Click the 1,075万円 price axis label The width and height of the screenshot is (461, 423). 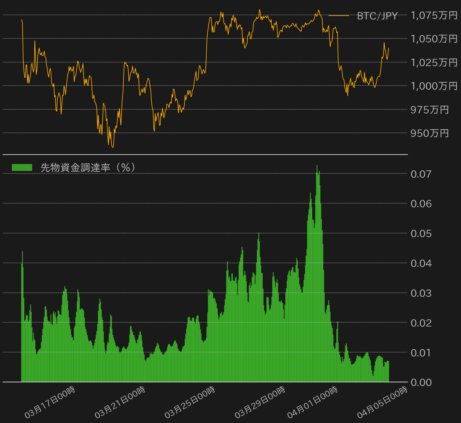pos(434,15)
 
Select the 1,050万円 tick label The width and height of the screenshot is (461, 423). pos(434,39)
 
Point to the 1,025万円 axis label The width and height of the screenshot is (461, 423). pos(434,62)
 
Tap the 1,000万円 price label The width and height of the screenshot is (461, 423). pos(434,86)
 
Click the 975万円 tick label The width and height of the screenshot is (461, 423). pos(430,110)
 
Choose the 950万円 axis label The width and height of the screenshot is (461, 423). pos(430,133)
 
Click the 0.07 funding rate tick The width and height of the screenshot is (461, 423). pos(421,174)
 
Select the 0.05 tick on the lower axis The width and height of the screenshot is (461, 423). pos(421,233)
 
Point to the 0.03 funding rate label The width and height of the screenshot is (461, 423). pos(421,293)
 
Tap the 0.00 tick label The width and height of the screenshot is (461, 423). pos(421,382)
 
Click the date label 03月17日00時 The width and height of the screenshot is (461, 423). pos(50,402)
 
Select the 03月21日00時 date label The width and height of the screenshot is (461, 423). pos(120,402)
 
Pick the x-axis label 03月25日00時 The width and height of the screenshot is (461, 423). pos(190,402)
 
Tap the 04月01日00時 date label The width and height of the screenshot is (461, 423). pos(313,402)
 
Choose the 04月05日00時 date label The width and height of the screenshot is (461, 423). pos(382,402)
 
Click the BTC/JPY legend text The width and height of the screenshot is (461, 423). pos(377,16)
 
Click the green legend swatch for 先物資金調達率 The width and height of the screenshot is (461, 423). pos(22,167)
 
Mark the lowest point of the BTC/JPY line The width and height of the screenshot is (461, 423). pos(113,147)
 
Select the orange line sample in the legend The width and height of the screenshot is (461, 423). pos(339,16)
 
